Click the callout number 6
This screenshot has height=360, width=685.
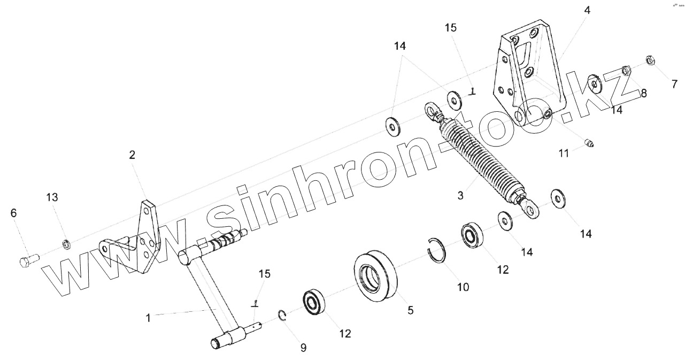(x=14, y=213)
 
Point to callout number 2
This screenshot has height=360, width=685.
(x=132, y=155)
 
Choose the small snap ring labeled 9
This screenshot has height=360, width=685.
(x=284, y=316)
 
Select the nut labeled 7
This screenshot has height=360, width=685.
(x=650, y=60)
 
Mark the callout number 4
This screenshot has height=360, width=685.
(x=587, y=10)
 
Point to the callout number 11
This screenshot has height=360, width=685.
(x=564, y=154)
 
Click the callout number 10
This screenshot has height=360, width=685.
(x=463, y=287)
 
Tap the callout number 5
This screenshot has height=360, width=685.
(x=410, y=310)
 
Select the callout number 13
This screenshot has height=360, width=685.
(x=52, y=197)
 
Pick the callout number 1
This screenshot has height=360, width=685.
(x=148, y=318)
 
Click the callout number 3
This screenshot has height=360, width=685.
(x=460, y=195)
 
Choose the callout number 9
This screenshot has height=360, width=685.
(x=303, y=348)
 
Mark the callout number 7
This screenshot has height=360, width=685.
(x=674, y=83)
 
